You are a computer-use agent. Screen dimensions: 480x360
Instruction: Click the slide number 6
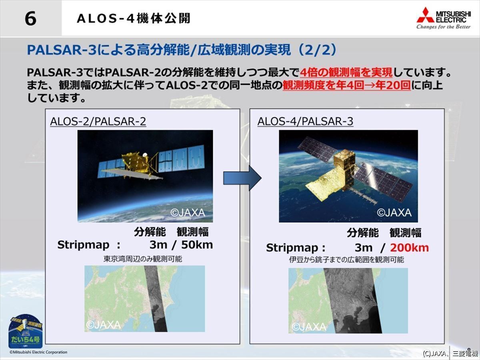tap(31, 18)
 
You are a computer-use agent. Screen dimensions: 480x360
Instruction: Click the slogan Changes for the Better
tap(443, 27)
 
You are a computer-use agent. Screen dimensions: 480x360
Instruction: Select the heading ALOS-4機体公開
tap(134, 18)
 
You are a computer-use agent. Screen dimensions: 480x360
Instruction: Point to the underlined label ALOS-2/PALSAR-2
tap(98, 121)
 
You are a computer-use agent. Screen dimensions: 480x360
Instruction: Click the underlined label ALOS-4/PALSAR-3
tap(305, 121)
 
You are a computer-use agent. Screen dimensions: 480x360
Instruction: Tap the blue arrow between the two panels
tap(242, 178)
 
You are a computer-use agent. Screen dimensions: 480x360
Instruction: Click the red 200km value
tap(409, 248)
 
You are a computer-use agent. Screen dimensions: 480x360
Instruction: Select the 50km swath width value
tap(197, 245)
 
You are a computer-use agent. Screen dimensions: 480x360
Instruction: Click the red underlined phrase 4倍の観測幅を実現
tap(346, 72)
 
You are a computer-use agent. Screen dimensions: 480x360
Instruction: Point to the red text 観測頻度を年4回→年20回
tap(347, 85)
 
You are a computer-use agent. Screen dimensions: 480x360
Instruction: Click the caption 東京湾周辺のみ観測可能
tap(143, 259)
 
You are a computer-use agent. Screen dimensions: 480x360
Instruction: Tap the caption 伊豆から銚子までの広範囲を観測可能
tap(346, 260)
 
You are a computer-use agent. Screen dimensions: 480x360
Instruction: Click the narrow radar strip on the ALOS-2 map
tap(155, 298)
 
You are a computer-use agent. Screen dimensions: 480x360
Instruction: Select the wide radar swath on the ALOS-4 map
tap(352, 300)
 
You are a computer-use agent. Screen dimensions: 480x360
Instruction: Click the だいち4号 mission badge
tap(26, 331)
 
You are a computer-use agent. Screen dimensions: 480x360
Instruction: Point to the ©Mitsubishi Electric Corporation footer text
tap(38, 352)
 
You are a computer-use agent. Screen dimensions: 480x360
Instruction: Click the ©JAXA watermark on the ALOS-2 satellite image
tap(188, 213)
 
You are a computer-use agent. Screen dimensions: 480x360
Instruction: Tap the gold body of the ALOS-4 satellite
tap(344, 168)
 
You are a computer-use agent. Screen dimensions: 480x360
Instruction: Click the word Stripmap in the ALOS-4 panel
tap(292, 248)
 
